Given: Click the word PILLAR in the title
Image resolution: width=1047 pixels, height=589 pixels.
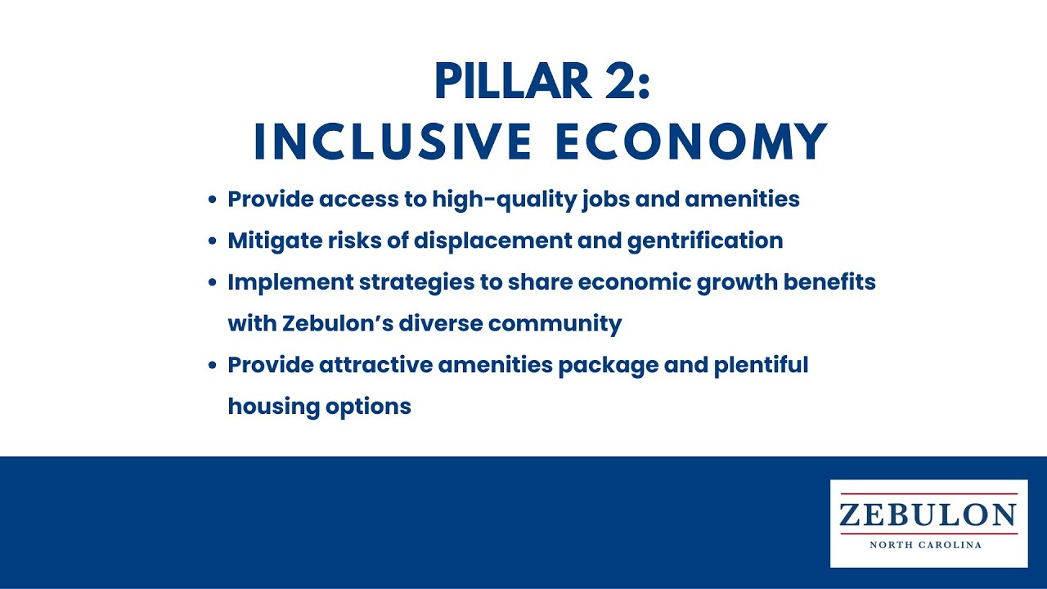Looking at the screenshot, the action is [x=513, y=81].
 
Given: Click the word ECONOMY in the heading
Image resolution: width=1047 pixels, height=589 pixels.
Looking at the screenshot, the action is [x=692, y=142].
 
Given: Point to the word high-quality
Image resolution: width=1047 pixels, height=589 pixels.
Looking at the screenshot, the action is [x=505, y=200].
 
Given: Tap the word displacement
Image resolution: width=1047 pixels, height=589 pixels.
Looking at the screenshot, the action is [x=492, y=241].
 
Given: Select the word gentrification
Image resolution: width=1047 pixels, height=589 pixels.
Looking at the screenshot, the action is [x=705, y=241].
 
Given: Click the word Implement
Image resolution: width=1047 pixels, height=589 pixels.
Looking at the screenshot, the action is [x=290, y=282].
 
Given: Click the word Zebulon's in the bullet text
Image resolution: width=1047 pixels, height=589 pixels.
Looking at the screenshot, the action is [x=338, y=323].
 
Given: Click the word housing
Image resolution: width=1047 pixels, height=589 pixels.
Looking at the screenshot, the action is [x=274, y=407].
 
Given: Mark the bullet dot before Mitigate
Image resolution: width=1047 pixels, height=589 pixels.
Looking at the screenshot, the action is [x=213, y=241].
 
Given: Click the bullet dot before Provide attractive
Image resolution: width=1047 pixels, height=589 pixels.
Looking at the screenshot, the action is [x=213, y=366].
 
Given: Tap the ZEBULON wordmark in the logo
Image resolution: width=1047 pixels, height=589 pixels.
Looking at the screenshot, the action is [x=928, y=515].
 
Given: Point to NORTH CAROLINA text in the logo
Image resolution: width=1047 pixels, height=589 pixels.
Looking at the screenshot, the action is [x=925, y=545].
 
